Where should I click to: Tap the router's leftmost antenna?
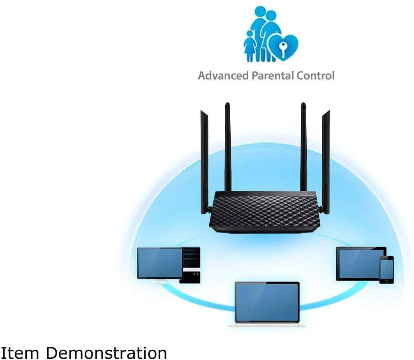pyautogui.click(x=204, y=160)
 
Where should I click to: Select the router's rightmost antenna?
pyautogui.click(x=326, y=160)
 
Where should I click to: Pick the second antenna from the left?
pyautogui.click(x=228, y=146)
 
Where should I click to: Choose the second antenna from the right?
pyautogui.click(x=303, y=146)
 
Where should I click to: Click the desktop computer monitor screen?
pyautogui.click(x=160, y=263)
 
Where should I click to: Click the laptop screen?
pyautogui.click(x=267, y=302)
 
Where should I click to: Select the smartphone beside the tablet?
pyautogui.click(x=386, y=269)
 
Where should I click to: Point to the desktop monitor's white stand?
pyautogui.click(x=160, y=281)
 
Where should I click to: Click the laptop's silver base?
pyautogui.click(x=267, y=325)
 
